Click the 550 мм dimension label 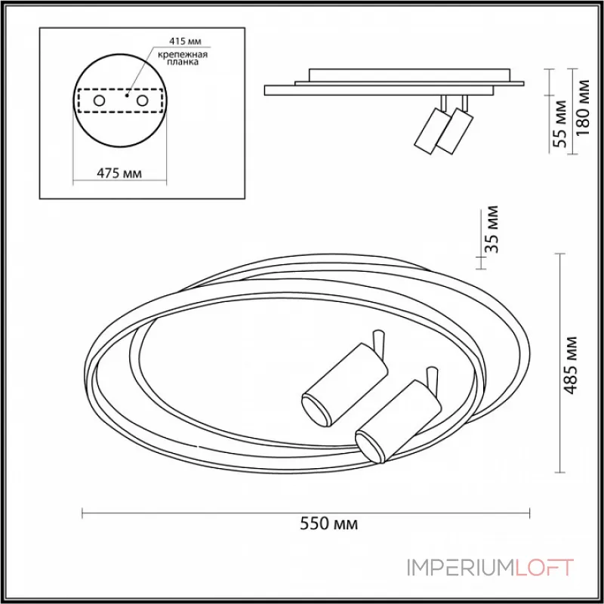328,523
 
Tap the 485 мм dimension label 571,365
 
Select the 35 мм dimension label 492,230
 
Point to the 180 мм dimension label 582,107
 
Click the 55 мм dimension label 560,124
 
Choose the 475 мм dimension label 119,174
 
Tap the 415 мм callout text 185,41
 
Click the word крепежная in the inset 183,54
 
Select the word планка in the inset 183,62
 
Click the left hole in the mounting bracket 99,101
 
